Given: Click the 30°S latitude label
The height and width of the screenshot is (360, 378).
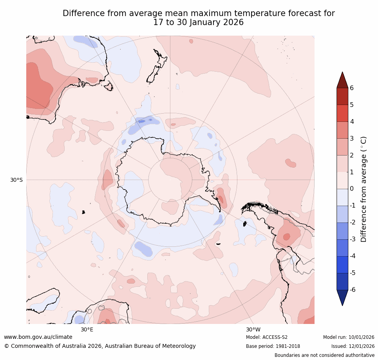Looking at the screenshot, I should (x=16, y=180).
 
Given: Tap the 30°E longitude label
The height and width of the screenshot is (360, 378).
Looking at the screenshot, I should (x=87, y=329).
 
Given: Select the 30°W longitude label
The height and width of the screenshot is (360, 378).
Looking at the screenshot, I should (x=253, y=329).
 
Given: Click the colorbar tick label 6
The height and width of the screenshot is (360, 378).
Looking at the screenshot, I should (x=352, y=88).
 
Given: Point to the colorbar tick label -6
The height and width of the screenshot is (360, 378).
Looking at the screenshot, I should (x=353, y=290).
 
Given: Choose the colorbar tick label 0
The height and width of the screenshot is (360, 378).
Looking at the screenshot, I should (x=352, y=189).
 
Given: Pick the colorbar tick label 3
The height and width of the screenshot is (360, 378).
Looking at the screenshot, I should (x=352, y=138).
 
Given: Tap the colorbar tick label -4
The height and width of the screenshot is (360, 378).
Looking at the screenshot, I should (x=353, y=256).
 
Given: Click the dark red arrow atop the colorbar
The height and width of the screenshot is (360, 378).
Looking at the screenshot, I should (x=342, y=80).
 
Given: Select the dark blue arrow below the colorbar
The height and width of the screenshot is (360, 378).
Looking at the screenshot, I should (x=342, y=297).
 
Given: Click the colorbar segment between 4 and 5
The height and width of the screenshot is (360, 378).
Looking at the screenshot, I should (x=342, y=113).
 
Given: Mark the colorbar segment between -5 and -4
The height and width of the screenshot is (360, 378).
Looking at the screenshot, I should (x=342, y=264).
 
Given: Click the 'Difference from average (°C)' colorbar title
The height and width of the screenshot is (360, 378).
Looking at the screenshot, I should (x=364, y=189).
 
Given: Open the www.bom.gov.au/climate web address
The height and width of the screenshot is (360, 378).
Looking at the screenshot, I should (x=38, y=337).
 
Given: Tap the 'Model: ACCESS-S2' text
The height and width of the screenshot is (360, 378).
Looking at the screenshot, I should (x=267, y=337).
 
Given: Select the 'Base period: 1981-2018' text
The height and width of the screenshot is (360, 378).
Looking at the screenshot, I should (x=273, y=346).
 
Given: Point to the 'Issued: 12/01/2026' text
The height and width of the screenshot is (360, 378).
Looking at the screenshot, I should (x=353, y=346).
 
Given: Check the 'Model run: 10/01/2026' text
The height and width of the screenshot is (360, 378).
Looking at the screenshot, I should (x=349, y=337).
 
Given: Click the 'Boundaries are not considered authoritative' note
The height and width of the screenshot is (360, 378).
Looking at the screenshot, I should (x=324, y=355).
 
